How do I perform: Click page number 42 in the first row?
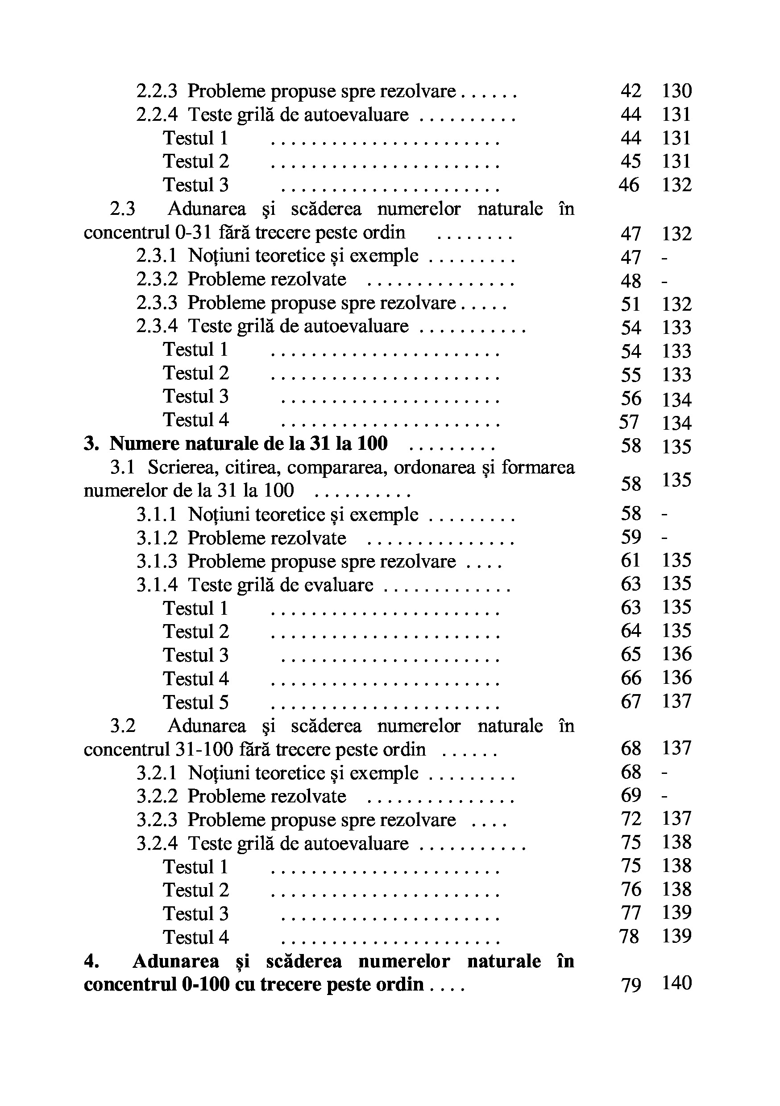tap(631, 91)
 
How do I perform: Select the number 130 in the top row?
tap(676, 91)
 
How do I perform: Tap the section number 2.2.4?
tap(157, 115)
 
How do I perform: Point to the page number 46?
tap(629, 185)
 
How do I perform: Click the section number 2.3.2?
tap(157, 280)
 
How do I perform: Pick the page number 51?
tap(631, 304)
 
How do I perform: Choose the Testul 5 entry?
tap(196, 702)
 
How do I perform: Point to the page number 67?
tap(631, 701)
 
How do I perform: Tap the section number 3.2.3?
tap(157, 820)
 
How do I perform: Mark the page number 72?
tap(631, 819)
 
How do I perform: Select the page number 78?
tap(629, 937)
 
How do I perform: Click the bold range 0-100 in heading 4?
tap(205, 984)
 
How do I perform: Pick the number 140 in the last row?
tap(676, 983)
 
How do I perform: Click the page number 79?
tap(631, 984)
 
